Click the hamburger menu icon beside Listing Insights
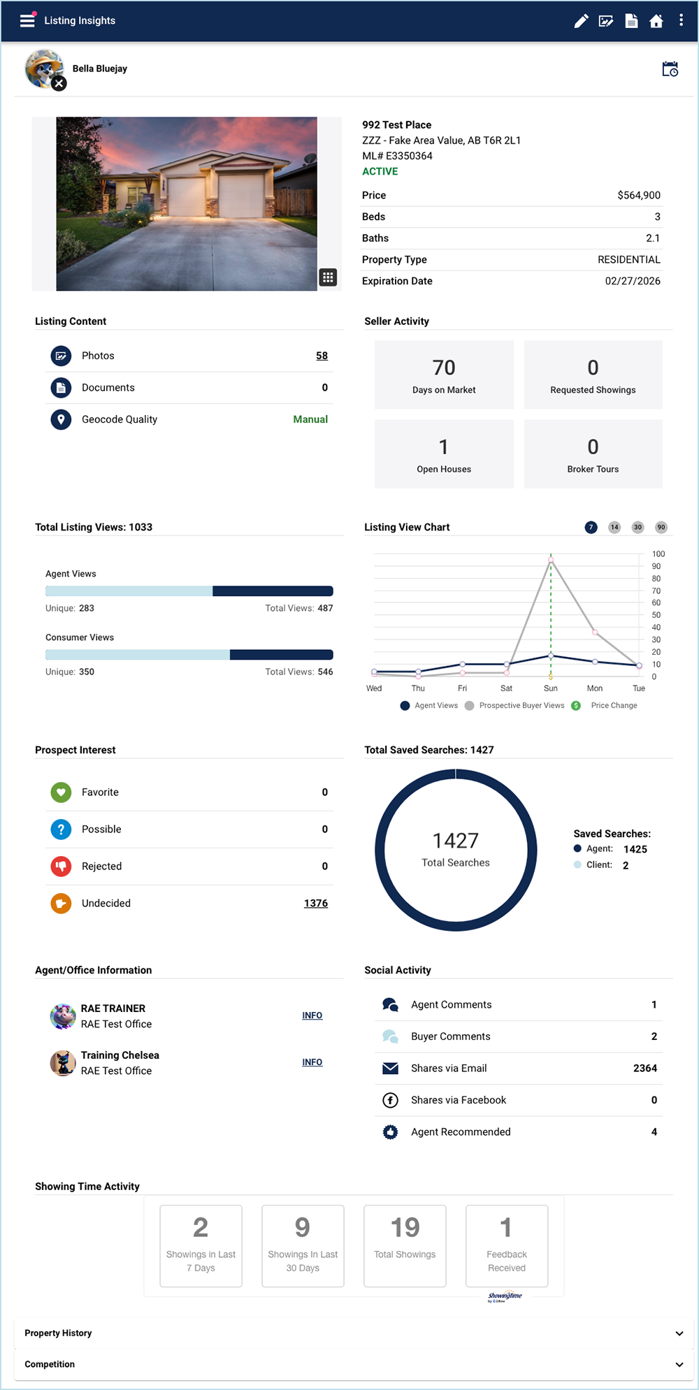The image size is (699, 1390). tap(27, 20)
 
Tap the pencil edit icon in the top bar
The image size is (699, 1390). tap(581, 21)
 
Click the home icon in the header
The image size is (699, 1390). tap(656, 21)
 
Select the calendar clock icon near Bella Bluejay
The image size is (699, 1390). tap(670, 69)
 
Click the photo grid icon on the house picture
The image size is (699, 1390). tap(328, 277)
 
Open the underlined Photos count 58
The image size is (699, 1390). tap(322, 356)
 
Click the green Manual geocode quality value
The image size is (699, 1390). tap(310, 419)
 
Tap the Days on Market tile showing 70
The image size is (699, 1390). tap(444, 375)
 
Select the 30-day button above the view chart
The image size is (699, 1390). tap(637, 527)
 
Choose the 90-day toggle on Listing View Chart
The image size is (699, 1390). tap(661, 527)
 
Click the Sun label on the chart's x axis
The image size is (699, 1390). tap(551, 688)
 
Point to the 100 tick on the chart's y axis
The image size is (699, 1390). tap(658, 554)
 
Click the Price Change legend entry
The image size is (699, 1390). tap(613, 706)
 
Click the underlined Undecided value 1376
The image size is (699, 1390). tap(316, 903)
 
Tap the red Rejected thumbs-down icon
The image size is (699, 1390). tap(61, 866)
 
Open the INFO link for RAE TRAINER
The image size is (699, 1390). tap(312, 1015)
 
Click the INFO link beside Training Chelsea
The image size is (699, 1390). tap(312, 1062)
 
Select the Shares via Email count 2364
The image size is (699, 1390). tap(644, 1068)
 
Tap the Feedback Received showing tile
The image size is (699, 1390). tap(507, 1245)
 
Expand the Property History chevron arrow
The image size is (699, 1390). tap(679, 1333)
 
